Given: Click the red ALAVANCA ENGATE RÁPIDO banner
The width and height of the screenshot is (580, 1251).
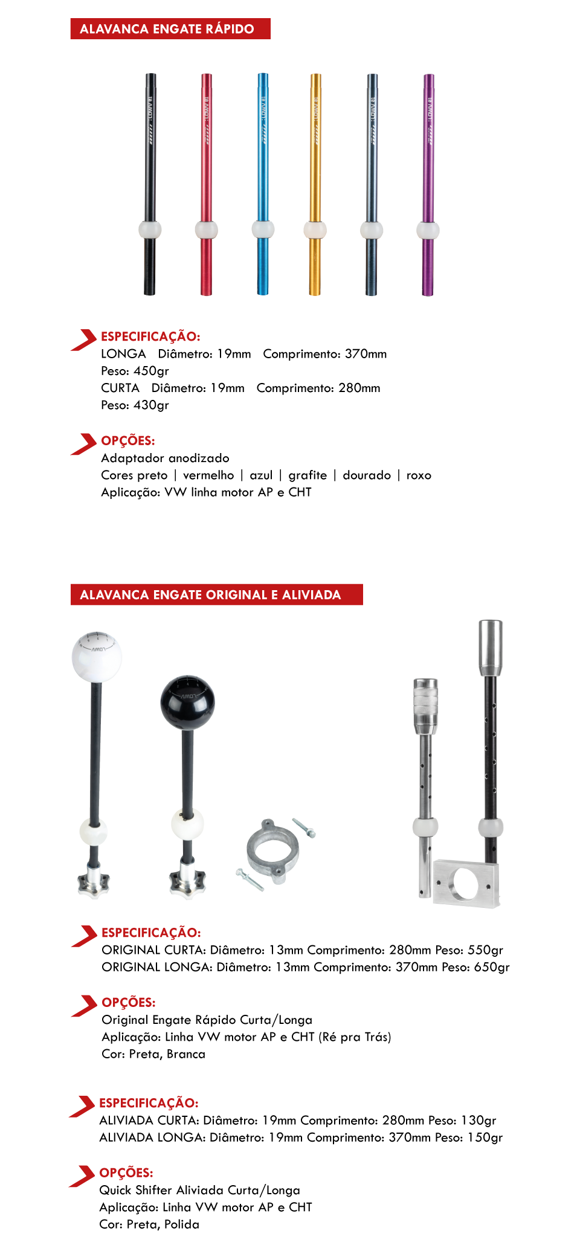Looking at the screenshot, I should pos(170,29).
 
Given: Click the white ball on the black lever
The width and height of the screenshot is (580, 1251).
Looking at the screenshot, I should pos(150,230).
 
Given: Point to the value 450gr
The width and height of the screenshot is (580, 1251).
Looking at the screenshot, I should pos(151,371).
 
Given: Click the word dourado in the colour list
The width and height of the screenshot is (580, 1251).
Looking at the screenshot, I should pos(367,475).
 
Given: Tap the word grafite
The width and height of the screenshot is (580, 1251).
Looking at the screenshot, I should pos(308,475).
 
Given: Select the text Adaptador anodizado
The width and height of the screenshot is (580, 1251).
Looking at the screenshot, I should pos(165,458).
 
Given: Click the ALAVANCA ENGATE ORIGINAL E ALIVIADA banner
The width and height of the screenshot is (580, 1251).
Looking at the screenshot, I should pos(216,595).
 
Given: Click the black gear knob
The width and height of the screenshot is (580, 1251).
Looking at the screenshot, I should pos(187,703).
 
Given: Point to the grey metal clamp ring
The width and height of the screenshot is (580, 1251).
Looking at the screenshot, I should pos(272,851).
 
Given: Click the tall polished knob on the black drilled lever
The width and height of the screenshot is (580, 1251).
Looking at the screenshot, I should pos(491,648).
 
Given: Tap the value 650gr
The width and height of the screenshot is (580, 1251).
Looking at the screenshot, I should pos(492,967).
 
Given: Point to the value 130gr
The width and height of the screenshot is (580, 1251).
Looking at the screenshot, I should pos(478,1121).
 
